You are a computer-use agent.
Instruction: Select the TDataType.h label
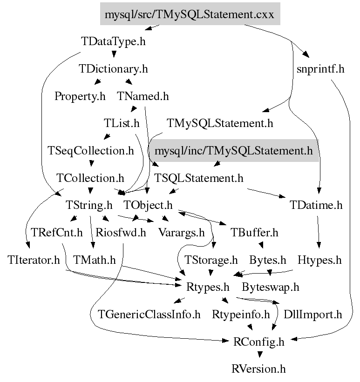tap(113, 41)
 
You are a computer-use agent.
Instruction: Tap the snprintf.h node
tap(320, 69)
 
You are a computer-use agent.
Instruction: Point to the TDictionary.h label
tap(113, 69)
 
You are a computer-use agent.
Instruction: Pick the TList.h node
tap(122, 124)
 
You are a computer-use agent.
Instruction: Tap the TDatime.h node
tap(316, 205)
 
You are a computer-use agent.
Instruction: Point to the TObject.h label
tap(148, 205)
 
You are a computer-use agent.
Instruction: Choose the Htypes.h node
tap(319, 260)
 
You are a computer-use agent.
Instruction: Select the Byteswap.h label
tap(270, 287)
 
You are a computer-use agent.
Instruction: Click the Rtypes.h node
tap(207, 287)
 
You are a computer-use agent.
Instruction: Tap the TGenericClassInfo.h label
tap(149, 315)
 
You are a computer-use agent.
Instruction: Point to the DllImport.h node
tap(312, 315)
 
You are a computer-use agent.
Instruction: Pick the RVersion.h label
tap(258, 369)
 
